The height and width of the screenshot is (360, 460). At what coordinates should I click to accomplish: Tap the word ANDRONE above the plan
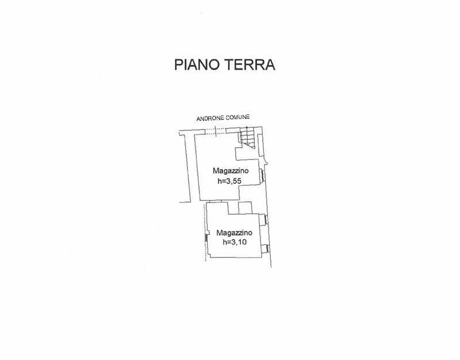coord(211,118)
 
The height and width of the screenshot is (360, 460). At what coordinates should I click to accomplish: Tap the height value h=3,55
coord(230,181)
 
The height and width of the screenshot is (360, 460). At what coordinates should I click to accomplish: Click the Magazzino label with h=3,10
coord(235,233)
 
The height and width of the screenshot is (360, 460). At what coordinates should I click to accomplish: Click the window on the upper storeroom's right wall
coord(263,176)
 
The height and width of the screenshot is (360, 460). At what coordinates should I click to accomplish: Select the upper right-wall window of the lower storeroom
coord(266,219)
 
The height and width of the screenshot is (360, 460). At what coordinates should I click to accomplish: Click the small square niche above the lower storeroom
coord(245,208)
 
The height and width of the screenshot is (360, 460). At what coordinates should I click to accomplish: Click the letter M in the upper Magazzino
coord(216,171)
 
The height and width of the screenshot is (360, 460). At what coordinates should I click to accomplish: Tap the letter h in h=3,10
coord(224,242)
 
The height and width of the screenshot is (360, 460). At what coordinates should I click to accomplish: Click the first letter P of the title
coord(178,65)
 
